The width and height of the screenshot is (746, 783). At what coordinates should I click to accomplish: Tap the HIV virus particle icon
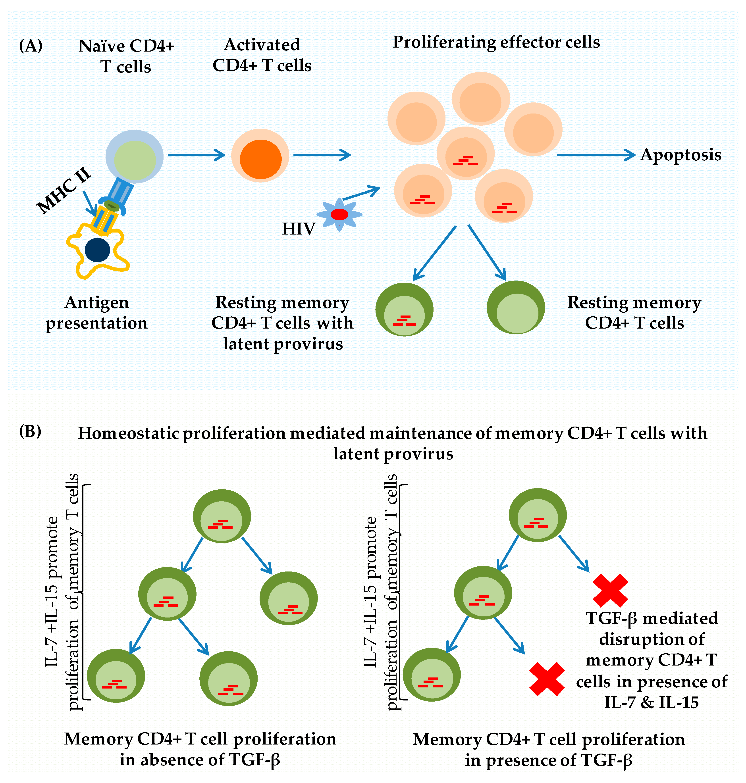coord(339,215)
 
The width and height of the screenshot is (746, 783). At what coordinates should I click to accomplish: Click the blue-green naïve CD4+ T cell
coord(134,157)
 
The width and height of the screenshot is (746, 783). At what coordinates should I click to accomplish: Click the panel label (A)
coord(31,46)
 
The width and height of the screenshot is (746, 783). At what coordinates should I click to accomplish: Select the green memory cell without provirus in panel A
coord(516,308)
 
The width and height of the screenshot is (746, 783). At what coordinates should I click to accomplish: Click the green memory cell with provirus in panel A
coord(404,310)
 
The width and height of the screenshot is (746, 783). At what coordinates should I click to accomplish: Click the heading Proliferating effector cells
coord(496,42)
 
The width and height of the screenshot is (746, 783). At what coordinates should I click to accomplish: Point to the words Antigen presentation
coord(97,313)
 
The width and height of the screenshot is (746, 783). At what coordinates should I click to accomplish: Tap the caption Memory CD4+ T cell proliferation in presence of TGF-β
coord(549,750)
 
